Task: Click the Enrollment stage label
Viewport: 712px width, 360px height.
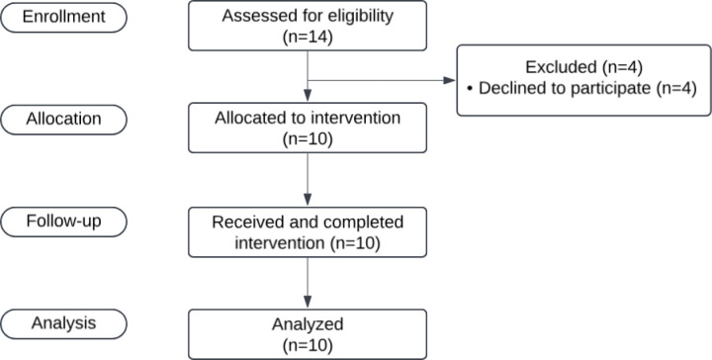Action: pos(63,17)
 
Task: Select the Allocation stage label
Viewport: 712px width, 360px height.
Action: pos(63,120)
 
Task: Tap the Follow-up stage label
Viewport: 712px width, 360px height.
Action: pos(63,222)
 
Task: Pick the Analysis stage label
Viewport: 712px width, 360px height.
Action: pos(63,323)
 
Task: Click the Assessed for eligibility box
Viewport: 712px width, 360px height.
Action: pos(308,26)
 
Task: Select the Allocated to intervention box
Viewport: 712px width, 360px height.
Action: pos(308,128)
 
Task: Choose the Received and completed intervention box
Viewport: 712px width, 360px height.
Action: pos(308,232)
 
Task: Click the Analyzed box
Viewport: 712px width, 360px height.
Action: pos(308,334)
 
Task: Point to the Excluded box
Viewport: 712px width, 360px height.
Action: pos(584,80)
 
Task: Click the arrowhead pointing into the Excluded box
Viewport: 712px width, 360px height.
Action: pos(450,80)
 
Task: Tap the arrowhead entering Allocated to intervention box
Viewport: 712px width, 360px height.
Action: pos(308,95)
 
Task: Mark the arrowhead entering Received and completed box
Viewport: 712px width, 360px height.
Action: pos(308,200)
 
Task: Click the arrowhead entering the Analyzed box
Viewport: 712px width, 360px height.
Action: pos(308,302)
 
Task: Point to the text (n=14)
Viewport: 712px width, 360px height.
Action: pos(308,37)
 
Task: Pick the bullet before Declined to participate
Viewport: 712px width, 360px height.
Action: pos(470,89)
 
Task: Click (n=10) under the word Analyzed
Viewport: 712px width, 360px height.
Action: pos(308,345)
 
